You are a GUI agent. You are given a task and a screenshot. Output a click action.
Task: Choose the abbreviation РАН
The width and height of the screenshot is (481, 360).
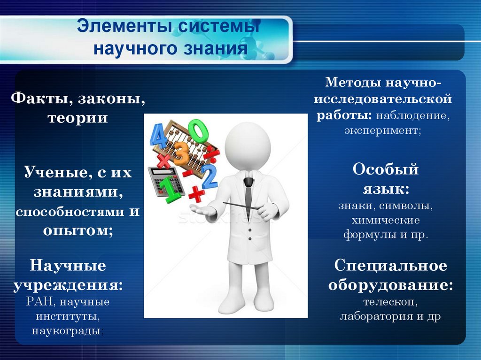[x=41, y=301]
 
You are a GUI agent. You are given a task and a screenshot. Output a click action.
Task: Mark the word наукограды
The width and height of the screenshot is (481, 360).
[x=66, y=331]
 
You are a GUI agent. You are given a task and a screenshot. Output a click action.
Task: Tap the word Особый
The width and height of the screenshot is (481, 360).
[x=385, y=169]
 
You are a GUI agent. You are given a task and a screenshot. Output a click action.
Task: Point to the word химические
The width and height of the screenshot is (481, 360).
[x=385, y=220]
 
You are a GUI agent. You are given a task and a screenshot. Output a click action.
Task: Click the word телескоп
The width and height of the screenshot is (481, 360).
[x=389, y=302]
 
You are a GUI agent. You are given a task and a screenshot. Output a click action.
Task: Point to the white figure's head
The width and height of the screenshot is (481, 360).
[x=247, y=146]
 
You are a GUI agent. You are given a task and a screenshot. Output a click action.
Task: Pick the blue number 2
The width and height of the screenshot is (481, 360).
[x=209, y=176]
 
